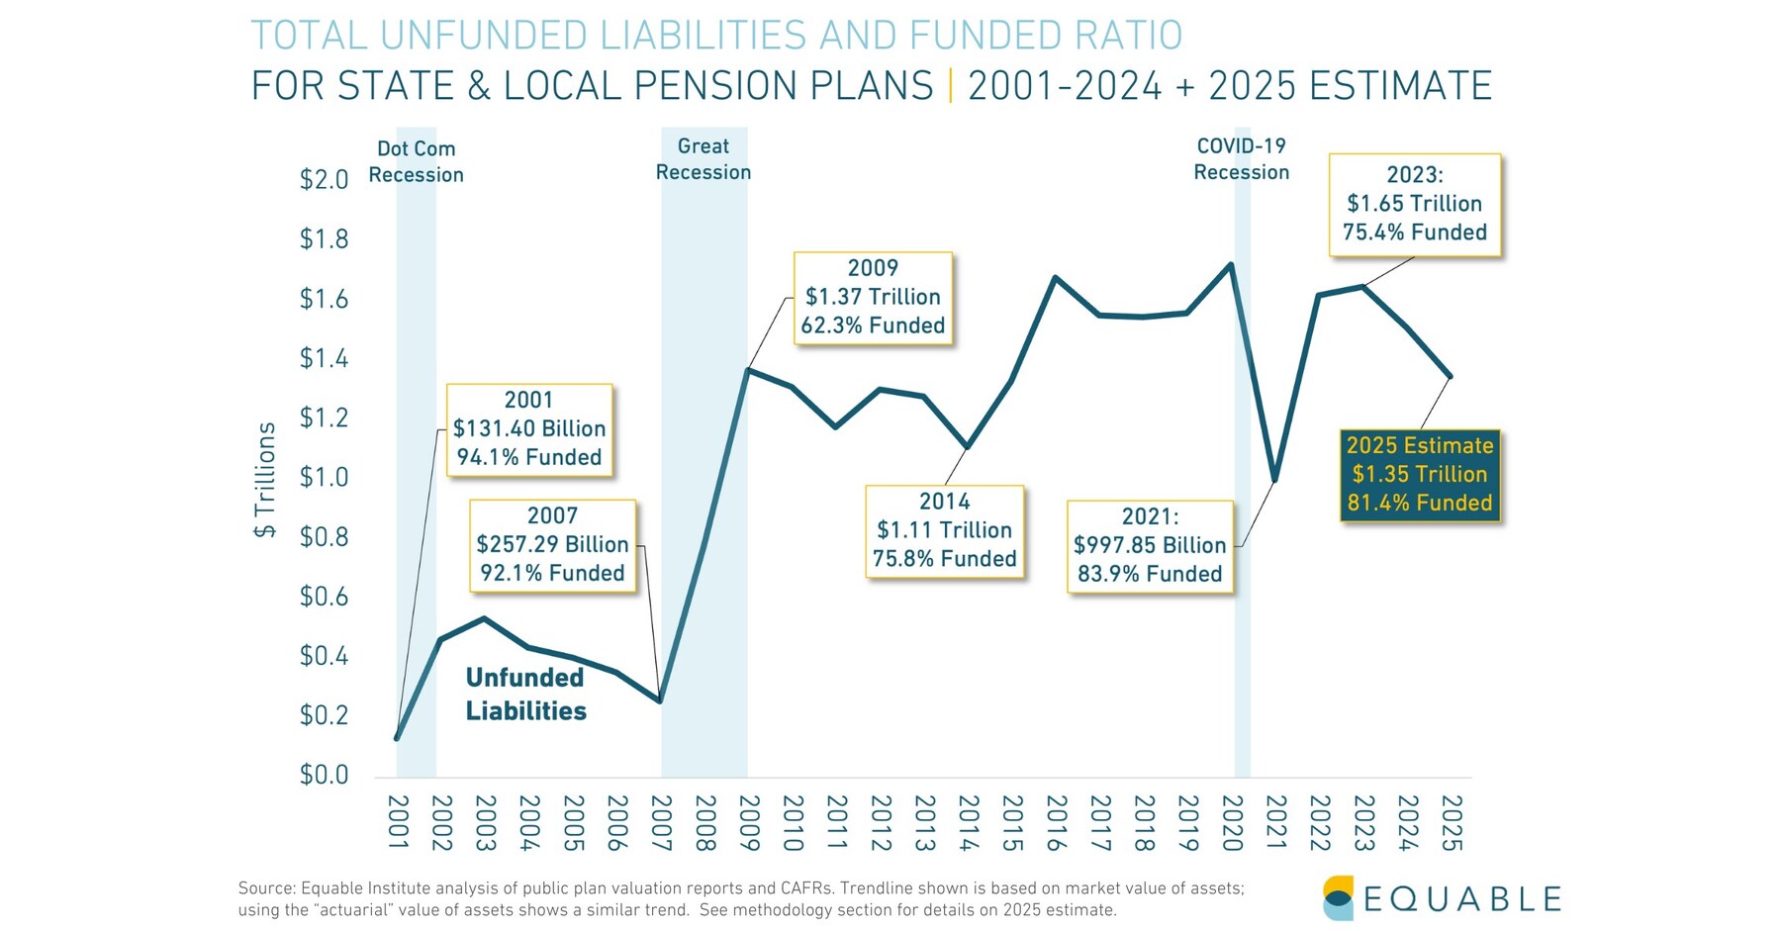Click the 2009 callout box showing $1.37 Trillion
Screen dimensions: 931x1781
pyautogui.click(x=873, y=298)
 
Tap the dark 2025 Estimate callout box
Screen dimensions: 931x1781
pyautogui.click(x=1419, y=475)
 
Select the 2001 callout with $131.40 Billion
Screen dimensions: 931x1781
pyautogui.click(x=529, y=429)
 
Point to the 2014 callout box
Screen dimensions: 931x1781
pyautogui.click(x=944, y=531)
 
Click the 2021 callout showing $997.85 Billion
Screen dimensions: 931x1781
pyautogui.click(x=1150, y=546)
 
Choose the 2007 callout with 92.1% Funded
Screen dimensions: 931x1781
pyautogui.click(x=552, y=545)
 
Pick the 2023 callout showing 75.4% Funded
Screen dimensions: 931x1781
pyautogui.click(x=1414, y=205)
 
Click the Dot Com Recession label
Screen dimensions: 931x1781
pyautogui.click(x=416, y=162)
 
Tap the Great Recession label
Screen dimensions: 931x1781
pyautogui.click(x=703, y=159)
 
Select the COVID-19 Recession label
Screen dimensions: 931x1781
pyautogui.click(x=1241, y=159)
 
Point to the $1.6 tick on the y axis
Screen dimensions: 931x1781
pyautogui.click(x=324, y=300)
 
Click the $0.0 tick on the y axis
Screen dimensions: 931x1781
pyautogui.click(x=324, y=775)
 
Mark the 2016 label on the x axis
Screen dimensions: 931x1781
pyautogui.click(x=1056, y=823)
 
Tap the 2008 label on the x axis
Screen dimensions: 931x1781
pyautogui.click(x=703, y=823)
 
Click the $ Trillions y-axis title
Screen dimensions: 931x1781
pyautogui.click(x=265, y=480)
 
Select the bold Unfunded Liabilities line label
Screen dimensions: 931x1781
pyautogui.click(x=525, y=695)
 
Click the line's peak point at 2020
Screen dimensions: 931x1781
pyautogui.click(x=1230, y=264)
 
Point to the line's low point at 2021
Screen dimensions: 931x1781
pyautogui.click(x=1275, y=481)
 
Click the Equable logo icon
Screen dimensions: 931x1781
pyautogui.click(x=1338, y=897)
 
